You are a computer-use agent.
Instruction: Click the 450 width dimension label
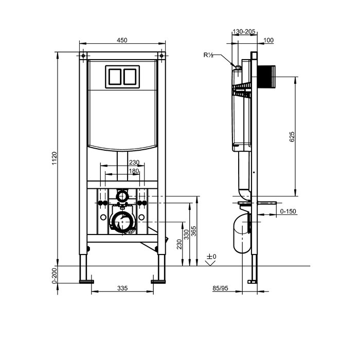pyautogui.click(x=122, y=40)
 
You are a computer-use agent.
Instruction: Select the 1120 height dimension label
pyautogui.click(x=54, y=158)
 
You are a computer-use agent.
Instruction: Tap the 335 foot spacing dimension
pyautogui.click(x=122, y=288)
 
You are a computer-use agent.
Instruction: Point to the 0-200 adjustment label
pyautogui.click(x=54, y=276)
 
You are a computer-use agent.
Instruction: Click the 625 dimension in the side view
pyautogui.click(x=292, y=137)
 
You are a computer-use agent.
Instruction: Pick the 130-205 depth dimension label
pyautogui.click(x=244, y=32)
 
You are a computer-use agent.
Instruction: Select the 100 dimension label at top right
pyautogui.click(x=268, y=41)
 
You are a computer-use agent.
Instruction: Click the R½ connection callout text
pyautogui.click(x=208, y=55)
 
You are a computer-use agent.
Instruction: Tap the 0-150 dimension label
pyautogui.click(x=288, y=211)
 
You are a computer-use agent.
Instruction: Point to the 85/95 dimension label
pyautogui.click(x=220, y=288)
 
